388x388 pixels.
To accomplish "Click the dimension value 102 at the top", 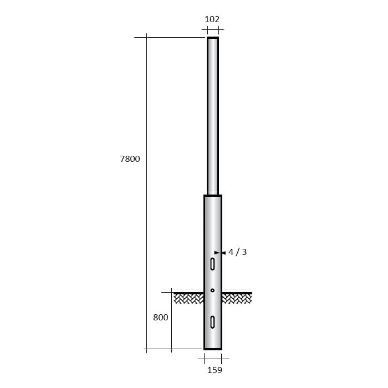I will (x=212, y=19).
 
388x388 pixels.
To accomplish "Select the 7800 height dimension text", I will (x=130, y=159).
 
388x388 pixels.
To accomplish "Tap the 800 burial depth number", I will (x=160, y=318).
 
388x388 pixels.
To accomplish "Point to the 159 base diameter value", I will (x=215, y=370).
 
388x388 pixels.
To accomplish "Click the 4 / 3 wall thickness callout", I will (x=237, y=252).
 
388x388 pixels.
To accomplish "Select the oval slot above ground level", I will (x=212, y=264).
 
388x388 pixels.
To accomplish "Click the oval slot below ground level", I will (x=212, y=322).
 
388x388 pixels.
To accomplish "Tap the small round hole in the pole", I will (x=212, y=290).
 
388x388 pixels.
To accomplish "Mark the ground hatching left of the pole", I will (x=188, y=299).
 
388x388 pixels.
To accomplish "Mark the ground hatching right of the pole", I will (x=237, y=299).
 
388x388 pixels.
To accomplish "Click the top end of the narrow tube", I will (x=213, y=38).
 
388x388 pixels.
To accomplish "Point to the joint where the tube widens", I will (x=213, y=196).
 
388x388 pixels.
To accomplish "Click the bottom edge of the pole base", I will (x=213, y=349).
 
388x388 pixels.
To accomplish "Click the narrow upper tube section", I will (x=213, y=116).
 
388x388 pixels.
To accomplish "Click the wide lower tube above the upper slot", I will (x=213, y=227).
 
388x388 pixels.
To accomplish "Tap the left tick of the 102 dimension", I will (x=207, y=29).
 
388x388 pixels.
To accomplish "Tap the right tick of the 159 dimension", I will (x=222, y=359).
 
